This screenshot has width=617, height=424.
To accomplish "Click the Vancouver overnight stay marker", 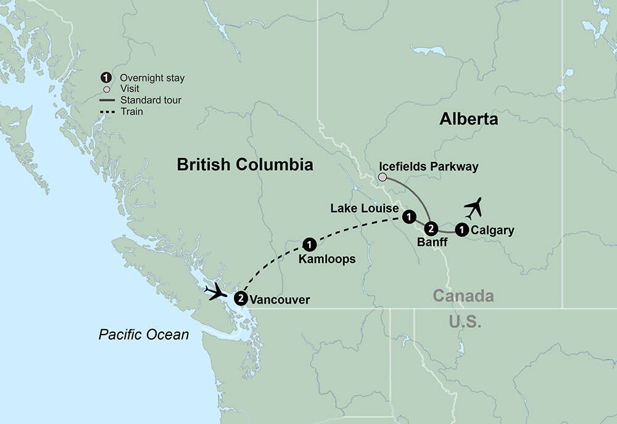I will click(241, 299).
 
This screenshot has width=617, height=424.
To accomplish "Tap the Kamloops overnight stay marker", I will click(310, 243).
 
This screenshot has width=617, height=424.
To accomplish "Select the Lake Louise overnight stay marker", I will click(408, 216).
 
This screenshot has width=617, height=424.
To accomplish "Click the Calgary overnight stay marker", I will click(461, 230).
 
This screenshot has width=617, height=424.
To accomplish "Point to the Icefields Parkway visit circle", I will click(383, 177).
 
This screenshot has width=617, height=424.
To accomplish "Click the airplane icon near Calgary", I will click(473, 208).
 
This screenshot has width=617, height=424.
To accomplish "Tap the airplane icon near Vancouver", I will click(218, 291).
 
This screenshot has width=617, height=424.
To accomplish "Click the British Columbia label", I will click(245, 165).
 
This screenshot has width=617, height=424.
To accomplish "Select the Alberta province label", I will click(468, 119).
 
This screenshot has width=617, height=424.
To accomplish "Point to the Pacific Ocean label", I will click(144, 335).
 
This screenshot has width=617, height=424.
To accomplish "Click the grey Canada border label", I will click(463, 296).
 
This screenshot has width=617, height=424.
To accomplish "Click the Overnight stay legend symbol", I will click(106, 78).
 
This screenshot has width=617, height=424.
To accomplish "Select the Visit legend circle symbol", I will click(106, 89).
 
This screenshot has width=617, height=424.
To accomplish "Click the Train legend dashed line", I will click(106, 112).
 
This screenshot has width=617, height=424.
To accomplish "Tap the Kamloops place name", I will click(327, 259).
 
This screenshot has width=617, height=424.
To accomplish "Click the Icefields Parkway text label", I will click(429, 167).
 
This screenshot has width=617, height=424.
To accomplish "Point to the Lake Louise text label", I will click(364, 208).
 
